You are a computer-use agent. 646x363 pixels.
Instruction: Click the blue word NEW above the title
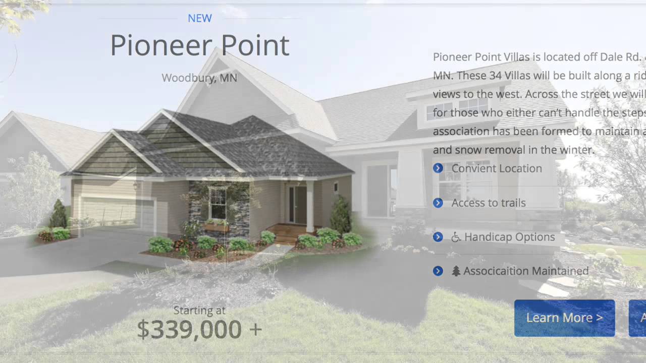[x=199, y=18]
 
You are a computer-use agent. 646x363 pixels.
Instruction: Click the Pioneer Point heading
[x=199, y=45]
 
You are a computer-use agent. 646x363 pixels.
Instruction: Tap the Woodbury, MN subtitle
[x=199, y=78]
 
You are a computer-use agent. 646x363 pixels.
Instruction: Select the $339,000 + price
[x=199, y=329]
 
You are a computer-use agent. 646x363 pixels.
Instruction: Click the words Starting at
[x=199, y=310]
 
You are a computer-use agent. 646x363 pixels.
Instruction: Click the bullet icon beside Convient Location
[x=438, y=168]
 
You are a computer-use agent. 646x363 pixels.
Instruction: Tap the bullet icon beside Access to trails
[x=438, y=203]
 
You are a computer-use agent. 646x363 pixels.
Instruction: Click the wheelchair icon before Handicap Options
[x=456, y=237]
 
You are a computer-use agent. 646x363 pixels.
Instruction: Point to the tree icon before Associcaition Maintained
[x=456, y=271]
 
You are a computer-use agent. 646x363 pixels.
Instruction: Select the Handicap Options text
[x=509, y=237]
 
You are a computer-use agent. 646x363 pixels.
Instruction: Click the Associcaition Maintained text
[x=526, y=271]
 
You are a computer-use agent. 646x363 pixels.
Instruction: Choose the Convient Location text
[x=497, y=168]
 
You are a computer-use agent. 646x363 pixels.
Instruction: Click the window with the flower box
[x=218, y=204]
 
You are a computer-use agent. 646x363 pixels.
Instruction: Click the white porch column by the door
[x=310, y=207]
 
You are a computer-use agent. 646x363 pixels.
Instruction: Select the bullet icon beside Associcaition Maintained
[x=438, y=271]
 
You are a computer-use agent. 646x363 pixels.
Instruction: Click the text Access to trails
[x=489, y=203]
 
